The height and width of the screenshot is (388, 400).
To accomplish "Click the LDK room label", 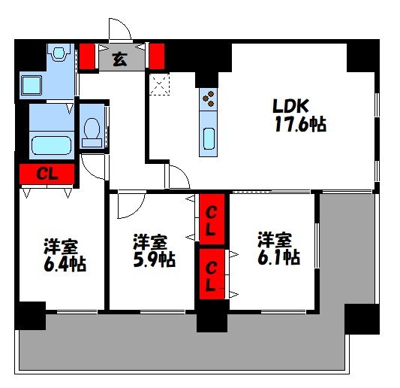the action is (291, 105).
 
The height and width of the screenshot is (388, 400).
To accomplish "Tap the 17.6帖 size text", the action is (300, 124).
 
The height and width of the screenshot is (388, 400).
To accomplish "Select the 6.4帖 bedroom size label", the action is (65, 264).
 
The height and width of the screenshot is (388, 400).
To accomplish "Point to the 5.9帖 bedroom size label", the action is (154, 259).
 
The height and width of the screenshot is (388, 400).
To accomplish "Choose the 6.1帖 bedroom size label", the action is (278, 257).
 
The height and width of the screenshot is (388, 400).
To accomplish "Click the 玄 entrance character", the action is (119, 59).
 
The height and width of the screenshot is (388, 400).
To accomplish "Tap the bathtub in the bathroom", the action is (51, 145).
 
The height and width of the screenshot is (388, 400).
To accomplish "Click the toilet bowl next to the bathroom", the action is (92, 132).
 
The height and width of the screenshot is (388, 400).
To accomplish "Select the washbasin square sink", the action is (31, 86).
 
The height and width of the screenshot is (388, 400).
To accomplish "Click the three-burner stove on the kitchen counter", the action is (209, 99).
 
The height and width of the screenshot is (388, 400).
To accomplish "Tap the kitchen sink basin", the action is (209, 138).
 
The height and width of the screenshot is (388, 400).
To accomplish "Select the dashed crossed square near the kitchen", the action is (159, 83).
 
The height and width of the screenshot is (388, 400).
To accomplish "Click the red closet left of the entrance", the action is (87, 56).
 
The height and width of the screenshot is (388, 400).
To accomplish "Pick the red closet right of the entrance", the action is (157, 56).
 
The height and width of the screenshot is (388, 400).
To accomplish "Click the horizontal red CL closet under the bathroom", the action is (47, 174).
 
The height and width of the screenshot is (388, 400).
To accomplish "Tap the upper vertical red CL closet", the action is (212, 219).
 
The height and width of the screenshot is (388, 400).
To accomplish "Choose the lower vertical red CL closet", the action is (212, 274).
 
